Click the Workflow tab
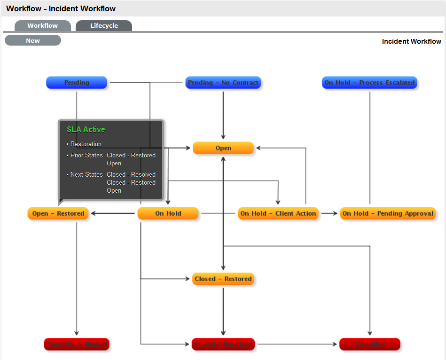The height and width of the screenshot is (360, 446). [x=42, y=26]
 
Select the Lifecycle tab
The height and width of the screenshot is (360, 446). [x=104, y=26]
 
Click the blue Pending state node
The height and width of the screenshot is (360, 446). [x=77, y=83]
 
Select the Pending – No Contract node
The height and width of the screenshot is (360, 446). [x=223, y=83]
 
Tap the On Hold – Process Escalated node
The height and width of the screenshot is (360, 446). [x=369, y=83]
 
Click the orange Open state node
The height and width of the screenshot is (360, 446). [x=223, y=148]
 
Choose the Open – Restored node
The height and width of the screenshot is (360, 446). [x=58, y=213]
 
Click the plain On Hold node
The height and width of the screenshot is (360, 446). [x=168, y=213]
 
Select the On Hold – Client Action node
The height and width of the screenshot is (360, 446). [x=278, y=213]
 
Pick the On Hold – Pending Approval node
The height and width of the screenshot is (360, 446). [x=388, y=213]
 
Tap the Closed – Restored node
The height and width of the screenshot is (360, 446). [x=223, y=279]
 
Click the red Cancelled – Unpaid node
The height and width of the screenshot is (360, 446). [x=77, y=344]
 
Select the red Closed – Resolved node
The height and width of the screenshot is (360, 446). [x=223, y=344]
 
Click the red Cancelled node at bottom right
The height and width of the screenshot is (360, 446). [x=370, y=344]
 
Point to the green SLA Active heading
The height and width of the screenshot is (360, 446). [x=86, y=129]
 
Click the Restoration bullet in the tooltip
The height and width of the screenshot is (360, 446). [x=86, y=144]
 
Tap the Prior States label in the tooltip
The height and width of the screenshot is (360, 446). [x=86, y=155]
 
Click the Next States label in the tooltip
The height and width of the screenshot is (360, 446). [x=86, y=174]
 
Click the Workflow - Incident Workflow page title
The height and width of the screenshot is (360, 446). [x=61, y=8]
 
